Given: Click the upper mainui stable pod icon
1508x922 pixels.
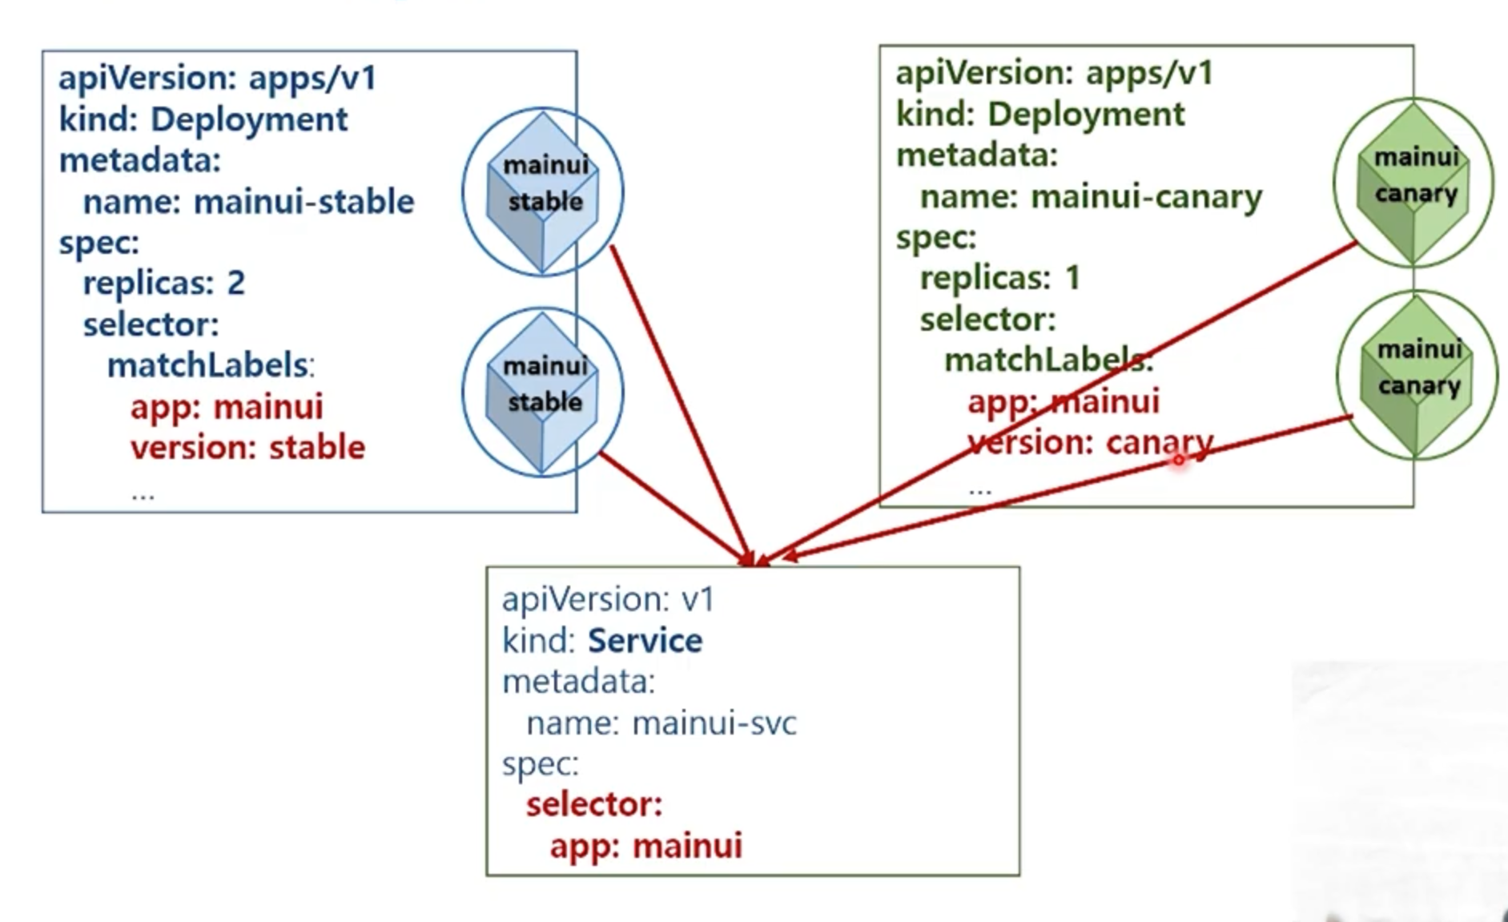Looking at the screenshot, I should pos(543,191).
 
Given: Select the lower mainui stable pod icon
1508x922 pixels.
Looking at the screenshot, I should pos(543,392).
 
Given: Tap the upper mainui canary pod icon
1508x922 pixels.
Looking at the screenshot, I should pos(1413,182).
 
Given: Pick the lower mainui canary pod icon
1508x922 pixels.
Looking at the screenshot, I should pos(1417,375).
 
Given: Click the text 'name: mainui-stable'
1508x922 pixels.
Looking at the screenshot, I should pos(248,202).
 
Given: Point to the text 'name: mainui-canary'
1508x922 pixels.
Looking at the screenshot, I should pos(1091,197).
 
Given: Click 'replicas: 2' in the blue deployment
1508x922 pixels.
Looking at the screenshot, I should pos(164,283).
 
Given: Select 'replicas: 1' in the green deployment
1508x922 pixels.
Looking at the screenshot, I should pos(1000,278).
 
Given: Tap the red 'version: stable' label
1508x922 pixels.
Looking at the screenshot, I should pos(247,447).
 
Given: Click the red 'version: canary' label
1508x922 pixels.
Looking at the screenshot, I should pos(1090,442).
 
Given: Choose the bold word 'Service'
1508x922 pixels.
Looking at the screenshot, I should pos(645,641).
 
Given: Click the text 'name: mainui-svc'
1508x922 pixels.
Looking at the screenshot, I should pos(661,723).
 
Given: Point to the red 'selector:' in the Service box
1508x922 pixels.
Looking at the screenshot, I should pos(594,804).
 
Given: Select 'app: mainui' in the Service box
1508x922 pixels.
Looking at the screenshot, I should pos(645,846).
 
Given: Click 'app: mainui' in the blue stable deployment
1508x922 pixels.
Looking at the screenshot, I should pos(227,407).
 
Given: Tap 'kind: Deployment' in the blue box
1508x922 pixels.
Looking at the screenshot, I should pos(203,119).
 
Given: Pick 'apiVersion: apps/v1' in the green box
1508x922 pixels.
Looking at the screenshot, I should pos(1054,73).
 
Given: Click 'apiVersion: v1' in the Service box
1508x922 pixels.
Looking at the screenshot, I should pos(608,599).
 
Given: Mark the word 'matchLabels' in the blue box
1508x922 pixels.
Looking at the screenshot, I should pos(207,365).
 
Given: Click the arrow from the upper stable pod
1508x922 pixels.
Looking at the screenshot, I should pos(680,401).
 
